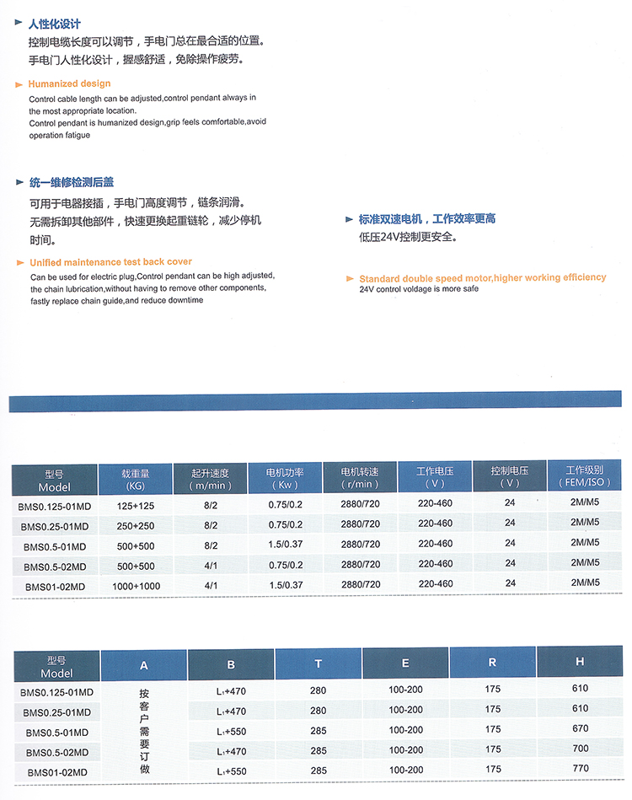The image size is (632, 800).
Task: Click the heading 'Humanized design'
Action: coord(69,83)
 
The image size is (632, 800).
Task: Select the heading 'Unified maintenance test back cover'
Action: coord(110,262)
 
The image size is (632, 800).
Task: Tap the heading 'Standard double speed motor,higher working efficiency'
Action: coord(482,277)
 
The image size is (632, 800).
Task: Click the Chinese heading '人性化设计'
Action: coord(55,24)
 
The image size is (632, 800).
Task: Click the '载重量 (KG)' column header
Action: coord(136,479)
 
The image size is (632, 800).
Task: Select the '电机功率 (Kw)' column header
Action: coord(285,478)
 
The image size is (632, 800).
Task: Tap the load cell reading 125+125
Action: coord(137,505)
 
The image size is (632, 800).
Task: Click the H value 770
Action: coord(580,769)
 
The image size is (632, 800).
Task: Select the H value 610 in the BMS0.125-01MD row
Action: coord(580,689)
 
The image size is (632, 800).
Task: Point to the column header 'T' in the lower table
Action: coord(319,664)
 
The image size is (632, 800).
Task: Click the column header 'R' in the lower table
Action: coord(493,663)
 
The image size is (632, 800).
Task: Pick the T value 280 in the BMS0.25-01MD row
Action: coord(319,711)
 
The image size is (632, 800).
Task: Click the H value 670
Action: coord(580,728)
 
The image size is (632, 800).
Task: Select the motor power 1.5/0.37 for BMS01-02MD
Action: coord(285,584)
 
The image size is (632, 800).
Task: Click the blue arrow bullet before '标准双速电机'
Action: coord(350,219)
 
